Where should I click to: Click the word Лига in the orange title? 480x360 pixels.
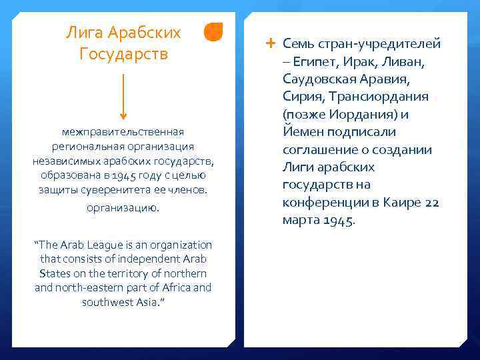click(x=83, y=32)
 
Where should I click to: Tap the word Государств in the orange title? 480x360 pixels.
click(x=123, y=53)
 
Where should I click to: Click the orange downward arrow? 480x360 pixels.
click(x=124, y=97)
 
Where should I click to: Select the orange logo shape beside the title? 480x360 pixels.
click(x=213, y=32)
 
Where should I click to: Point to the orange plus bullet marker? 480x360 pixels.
click(x=269, y=43)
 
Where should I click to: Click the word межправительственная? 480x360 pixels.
click(x=123, y=132)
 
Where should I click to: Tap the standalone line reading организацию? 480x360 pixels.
click(x=123, y=208)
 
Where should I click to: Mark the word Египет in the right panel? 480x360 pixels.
click(x=314, y=62)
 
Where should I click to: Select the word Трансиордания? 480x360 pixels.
click(x=377, y=97)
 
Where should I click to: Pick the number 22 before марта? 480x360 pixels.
click(x=432, y=203)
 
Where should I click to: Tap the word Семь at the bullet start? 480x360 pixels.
click(x=297, y=44)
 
